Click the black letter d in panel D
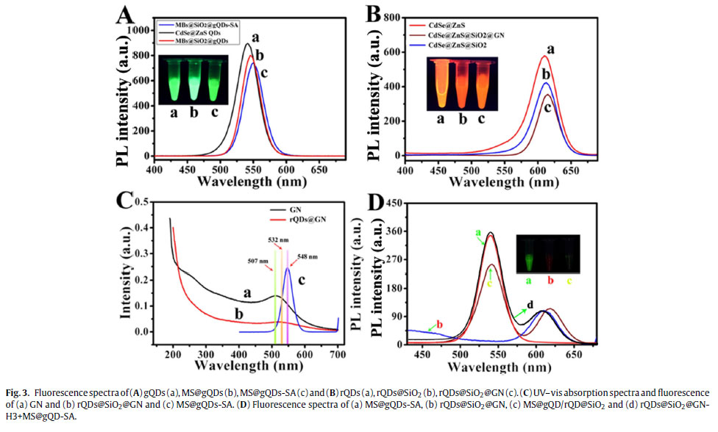point(530,304)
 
